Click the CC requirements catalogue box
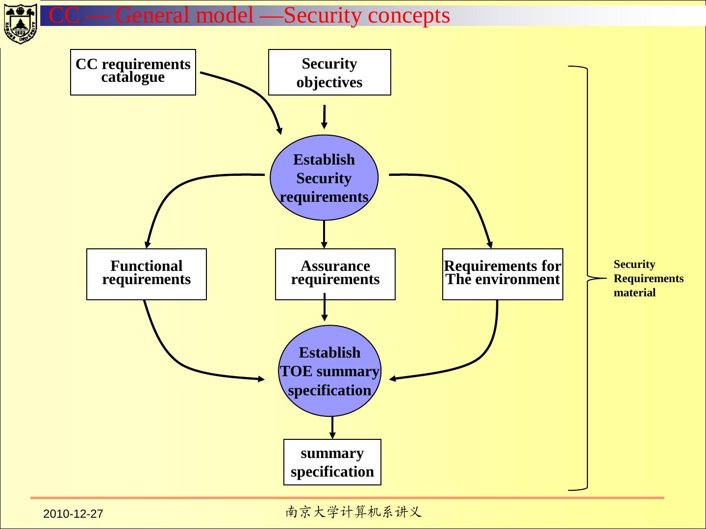point(133,72)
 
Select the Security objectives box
point(329,72)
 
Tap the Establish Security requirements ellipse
point(324,178)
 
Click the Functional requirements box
point(146,274)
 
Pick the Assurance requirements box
point(335,274)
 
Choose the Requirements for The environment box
point(503,274)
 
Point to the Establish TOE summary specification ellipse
point(329,371)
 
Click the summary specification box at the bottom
point(332,462)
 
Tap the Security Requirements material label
point(648,278)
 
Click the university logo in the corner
point(20,23)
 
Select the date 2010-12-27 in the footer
point(73,514)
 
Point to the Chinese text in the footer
point(353,512)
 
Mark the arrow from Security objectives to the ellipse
point(324,117)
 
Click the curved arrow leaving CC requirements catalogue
point(255,93)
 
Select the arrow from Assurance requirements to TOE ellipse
point(324,308)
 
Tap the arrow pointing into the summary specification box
point(332,427)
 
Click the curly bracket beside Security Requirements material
point(587,278)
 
